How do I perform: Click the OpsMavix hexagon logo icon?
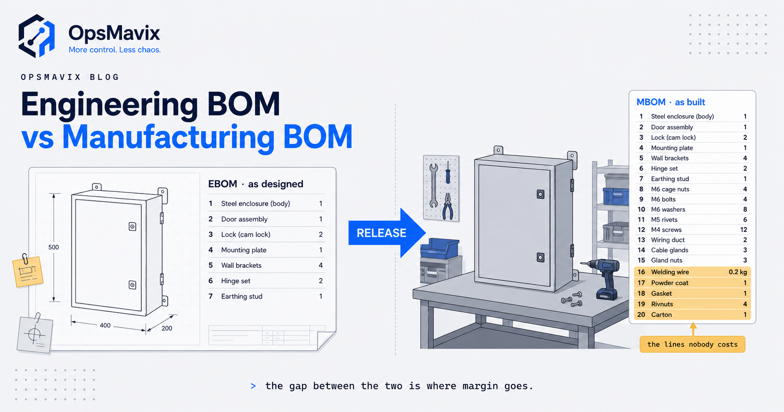(x=37, y=36)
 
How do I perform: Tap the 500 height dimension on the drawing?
(x=53, y=247)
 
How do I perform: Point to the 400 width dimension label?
(x=105, y=325)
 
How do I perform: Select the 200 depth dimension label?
(x=167, y=328)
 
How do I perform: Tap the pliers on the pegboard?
(x=448, y=206)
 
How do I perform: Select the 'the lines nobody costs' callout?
(x=693, y=344)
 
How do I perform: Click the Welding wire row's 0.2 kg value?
(x=738, y=272)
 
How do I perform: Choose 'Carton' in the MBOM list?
(x=661, y=315)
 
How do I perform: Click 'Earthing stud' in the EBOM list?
(x=242, y=296)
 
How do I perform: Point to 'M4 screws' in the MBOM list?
(x=666, y=230)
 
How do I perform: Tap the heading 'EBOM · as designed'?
(x=255, y=184)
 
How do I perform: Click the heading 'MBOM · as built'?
(x=671, y=102)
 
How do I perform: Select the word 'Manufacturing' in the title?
(x=168, y=136)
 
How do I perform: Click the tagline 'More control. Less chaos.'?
(x=115, y=50)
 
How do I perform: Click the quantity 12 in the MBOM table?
(x=744, y=230)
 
